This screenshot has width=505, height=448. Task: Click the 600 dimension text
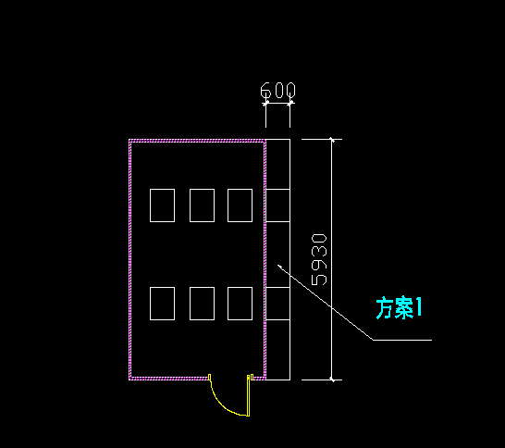(277, 90)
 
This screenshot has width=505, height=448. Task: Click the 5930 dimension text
(319, 260)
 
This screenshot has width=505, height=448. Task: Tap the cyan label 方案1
(399, 308)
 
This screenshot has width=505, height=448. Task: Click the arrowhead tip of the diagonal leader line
(278, 265)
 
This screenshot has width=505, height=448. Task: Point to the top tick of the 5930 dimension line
(332, 140)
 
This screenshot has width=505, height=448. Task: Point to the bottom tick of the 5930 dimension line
(332, 380)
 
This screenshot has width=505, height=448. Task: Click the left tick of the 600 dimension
(265, 104)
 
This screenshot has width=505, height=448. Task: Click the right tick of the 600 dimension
(289, 104)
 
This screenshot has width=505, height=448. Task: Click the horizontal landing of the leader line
(402, 340)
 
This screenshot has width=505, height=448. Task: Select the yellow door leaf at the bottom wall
(248, 395)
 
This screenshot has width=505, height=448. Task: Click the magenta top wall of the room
(197, 141)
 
